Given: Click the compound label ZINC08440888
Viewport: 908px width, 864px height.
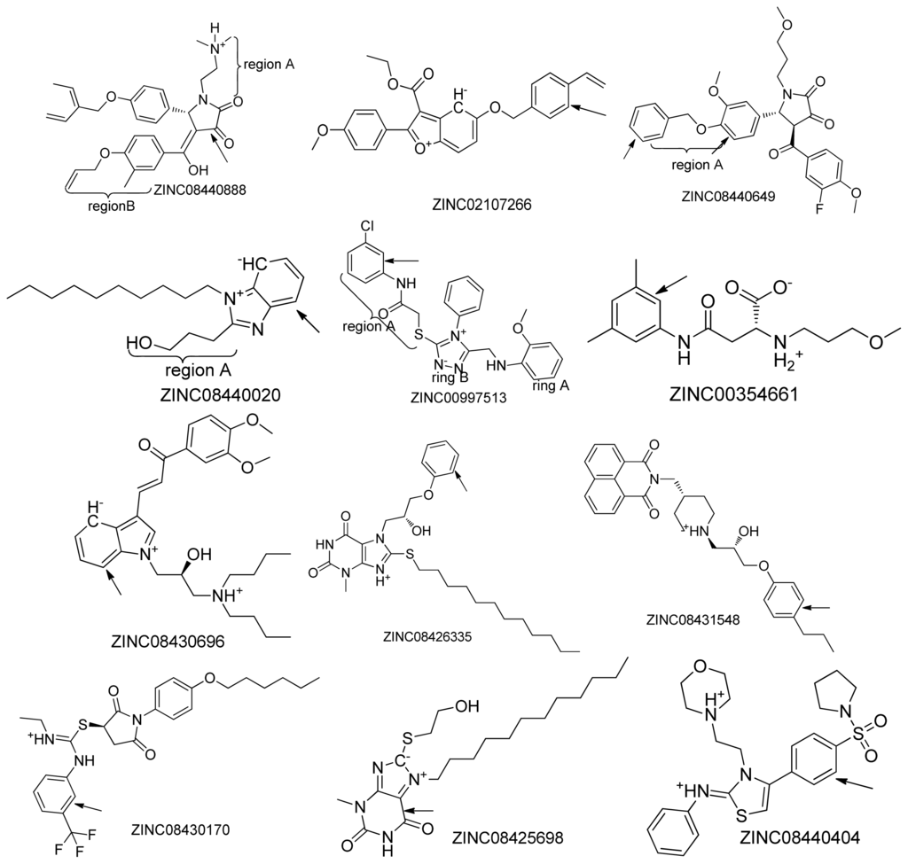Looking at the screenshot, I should pyautogui.click(x=200, y=189).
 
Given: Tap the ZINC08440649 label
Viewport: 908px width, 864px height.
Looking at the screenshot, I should pyautogui.click(x=730, y=198).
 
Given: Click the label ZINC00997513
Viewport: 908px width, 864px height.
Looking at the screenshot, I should pyautogui.click(x=458, y=398).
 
